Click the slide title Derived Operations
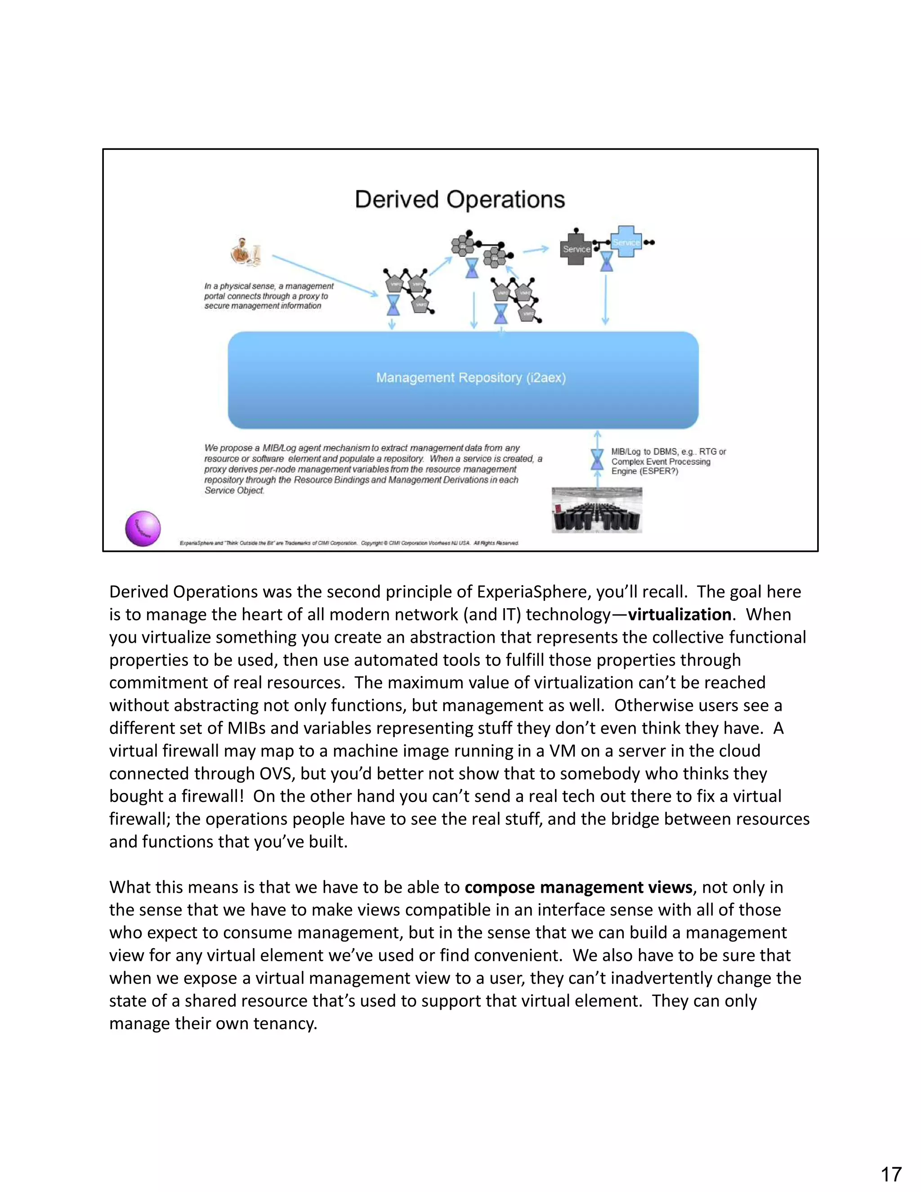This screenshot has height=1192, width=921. (460, 200)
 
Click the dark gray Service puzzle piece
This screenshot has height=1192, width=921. (576, 249)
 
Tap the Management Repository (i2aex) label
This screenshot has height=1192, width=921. (470, 378)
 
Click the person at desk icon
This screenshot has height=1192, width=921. (246, 253)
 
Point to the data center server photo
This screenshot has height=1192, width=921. (596, 510)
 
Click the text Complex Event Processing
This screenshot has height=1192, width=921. (660, 462)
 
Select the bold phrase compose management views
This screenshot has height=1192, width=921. (578, 887)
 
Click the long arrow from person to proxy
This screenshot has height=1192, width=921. (325, 276)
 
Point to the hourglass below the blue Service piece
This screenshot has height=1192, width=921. (606, 261)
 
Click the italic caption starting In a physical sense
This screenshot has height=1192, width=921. (268, 296)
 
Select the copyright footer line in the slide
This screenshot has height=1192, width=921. (349, 543)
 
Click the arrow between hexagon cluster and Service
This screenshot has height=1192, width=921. (535, 250)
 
